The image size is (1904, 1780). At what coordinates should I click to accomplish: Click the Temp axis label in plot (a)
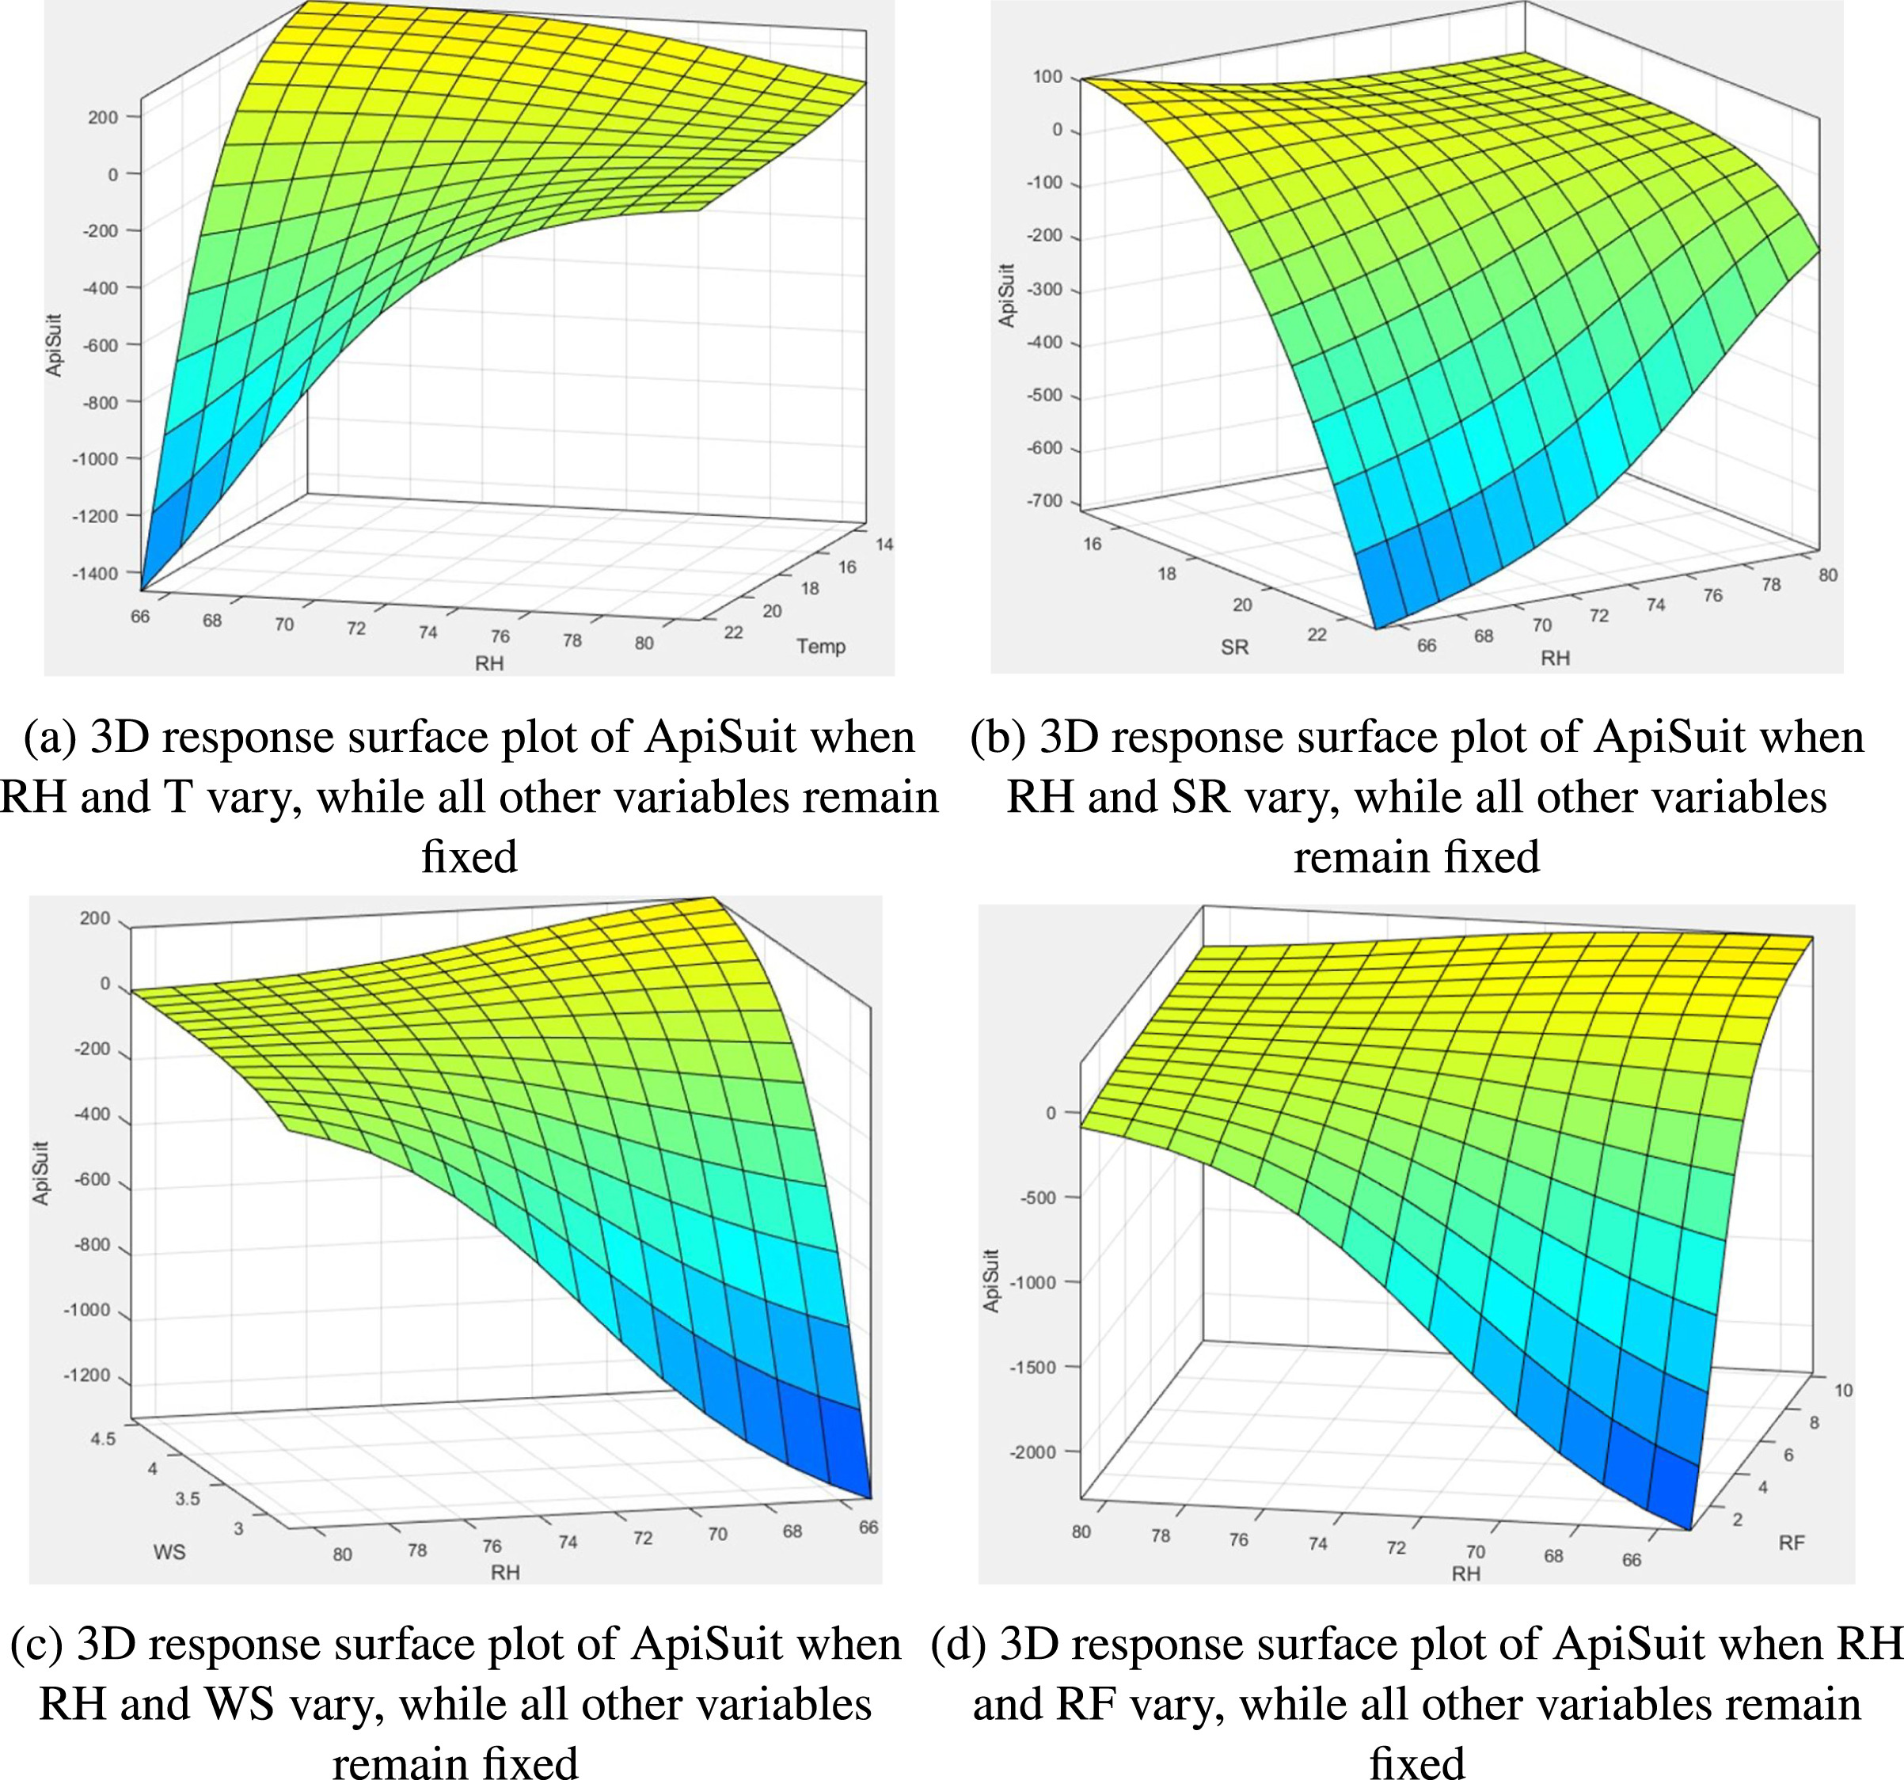tap(821, 647)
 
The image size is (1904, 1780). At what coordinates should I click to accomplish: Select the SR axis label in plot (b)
tap(1234, 647)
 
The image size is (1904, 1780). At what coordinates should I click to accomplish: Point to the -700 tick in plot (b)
tap(1044, 501)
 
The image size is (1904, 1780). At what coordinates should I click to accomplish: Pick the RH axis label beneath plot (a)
tap(488, 662)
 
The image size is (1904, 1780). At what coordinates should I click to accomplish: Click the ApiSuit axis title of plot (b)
tap(1006, 295)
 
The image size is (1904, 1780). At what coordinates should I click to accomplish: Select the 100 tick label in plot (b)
tap(1047, 77)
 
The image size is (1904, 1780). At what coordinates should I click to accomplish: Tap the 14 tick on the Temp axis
tap(884, 544)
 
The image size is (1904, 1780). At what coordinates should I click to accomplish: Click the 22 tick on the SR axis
tap(1317, 634)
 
